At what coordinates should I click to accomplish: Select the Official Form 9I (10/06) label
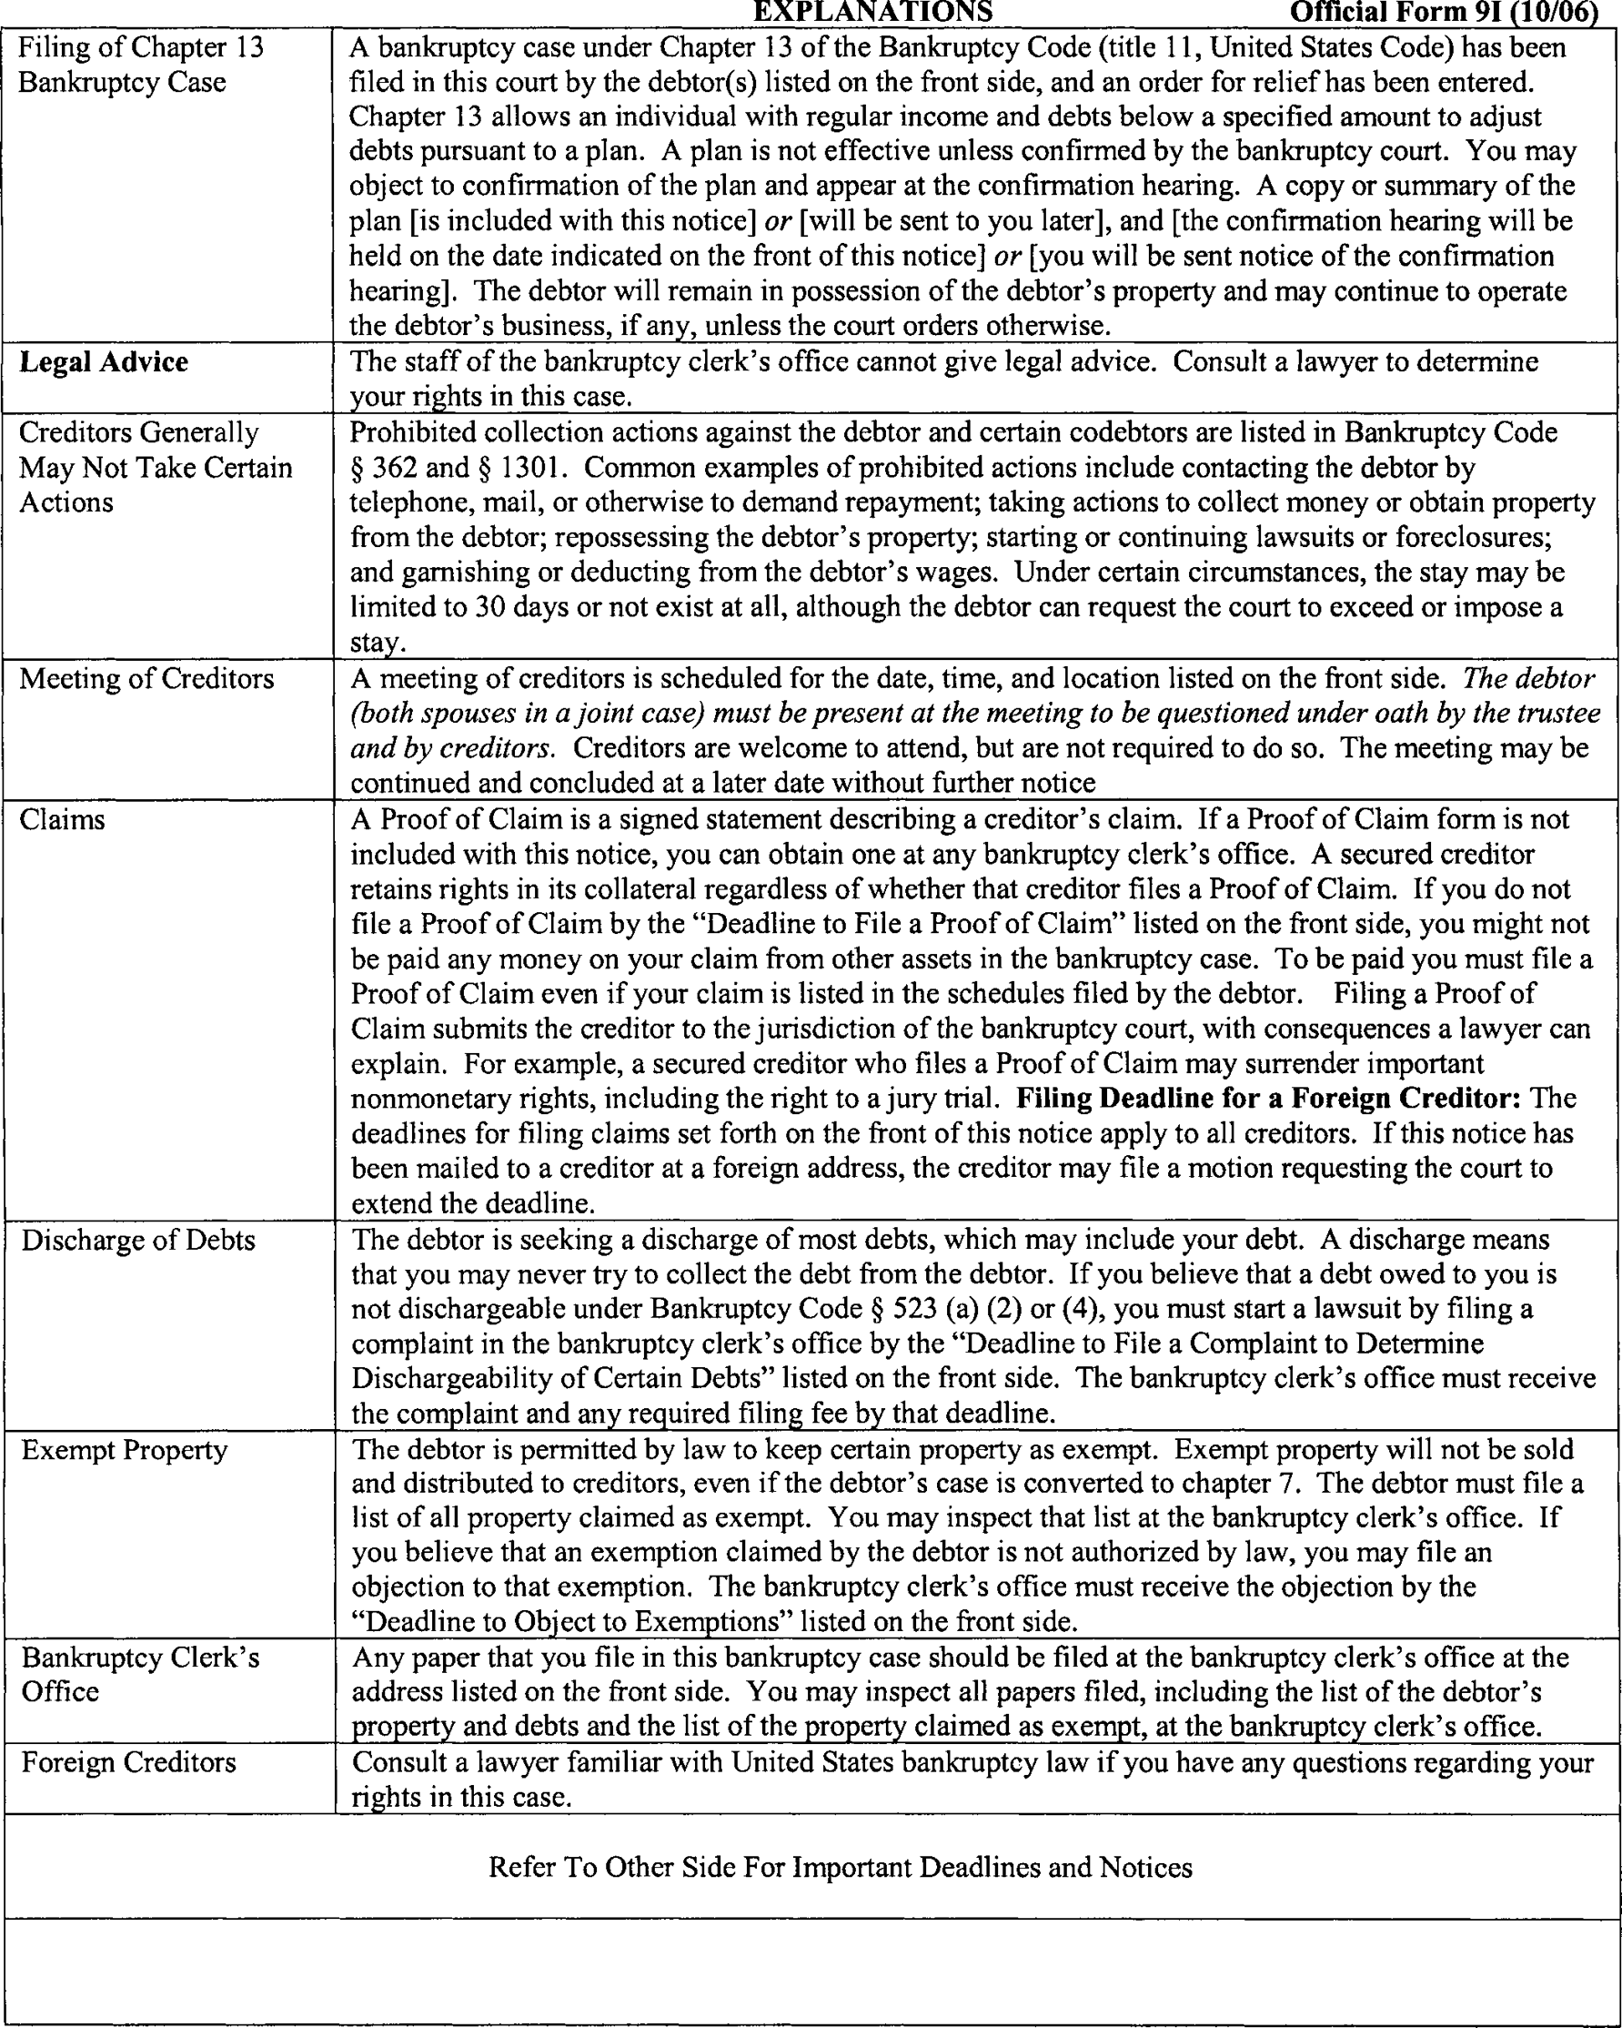coord(1445,13)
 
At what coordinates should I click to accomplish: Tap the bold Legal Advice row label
coord(104,362)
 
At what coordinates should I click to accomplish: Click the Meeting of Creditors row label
coord(146,678)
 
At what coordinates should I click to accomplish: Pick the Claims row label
coord(62,819)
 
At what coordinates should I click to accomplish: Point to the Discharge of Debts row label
coord(138,1240)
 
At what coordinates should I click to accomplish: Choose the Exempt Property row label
coord(124,1449)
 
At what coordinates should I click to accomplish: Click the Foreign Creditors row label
coord(129,1762)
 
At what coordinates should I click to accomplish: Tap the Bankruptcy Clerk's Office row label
coord(140,1674)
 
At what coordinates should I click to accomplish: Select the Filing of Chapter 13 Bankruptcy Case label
coord(141,64)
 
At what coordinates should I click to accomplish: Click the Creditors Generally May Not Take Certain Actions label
coord(156,467)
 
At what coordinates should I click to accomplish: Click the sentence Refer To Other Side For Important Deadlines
coord(840,1866)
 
